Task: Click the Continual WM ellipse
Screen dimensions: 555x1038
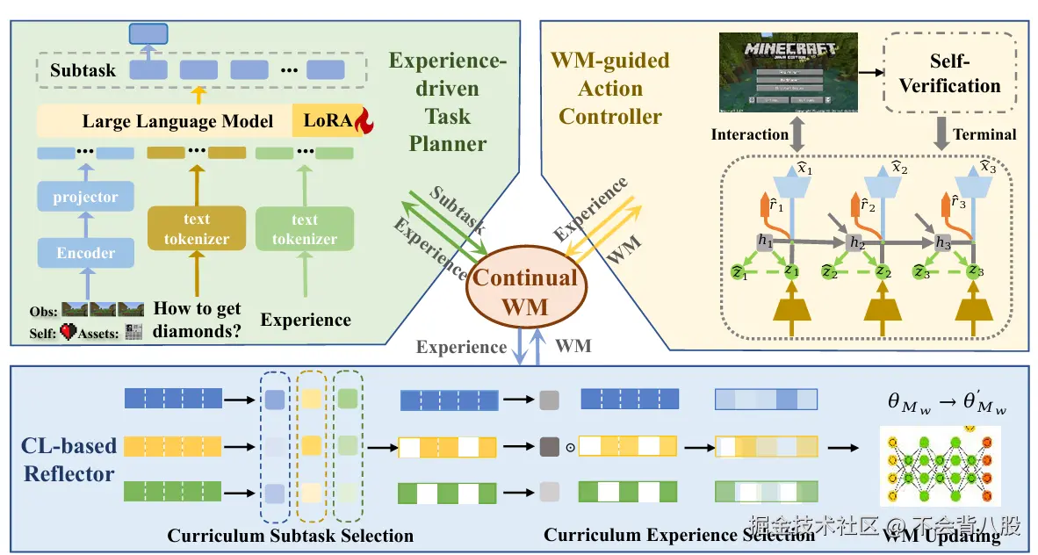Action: [x=525, y=292]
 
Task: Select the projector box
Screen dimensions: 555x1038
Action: [x=85, y=197]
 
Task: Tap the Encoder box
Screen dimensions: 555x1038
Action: [x=85, y=253]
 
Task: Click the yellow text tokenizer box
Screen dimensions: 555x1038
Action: [x=196, y=228]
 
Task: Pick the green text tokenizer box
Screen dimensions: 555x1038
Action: [x=305, y=228]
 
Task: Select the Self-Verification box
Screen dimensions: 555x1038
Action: [x=950, y=74]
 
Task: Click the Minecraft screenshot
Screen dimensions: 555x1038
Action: [x=787, y=74]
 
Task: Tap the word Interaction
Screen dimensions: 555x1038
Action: [x=749, y=134]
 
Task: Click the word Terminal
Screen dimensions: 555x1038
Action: [x=984, y=134]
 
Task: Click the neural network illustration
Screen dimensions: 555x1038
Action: [x=940, y=466]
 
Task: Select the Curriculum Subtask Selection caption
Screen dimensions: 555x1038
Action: [x=290, y=535]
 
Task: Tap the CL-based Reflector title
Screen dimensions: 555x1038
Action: [x=68, y=459]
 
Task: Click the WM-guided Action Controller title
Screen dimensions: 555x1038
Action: [x=610, y=88]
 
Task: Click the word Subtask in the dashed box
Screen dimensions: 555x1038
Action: [x=83, y=69]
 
